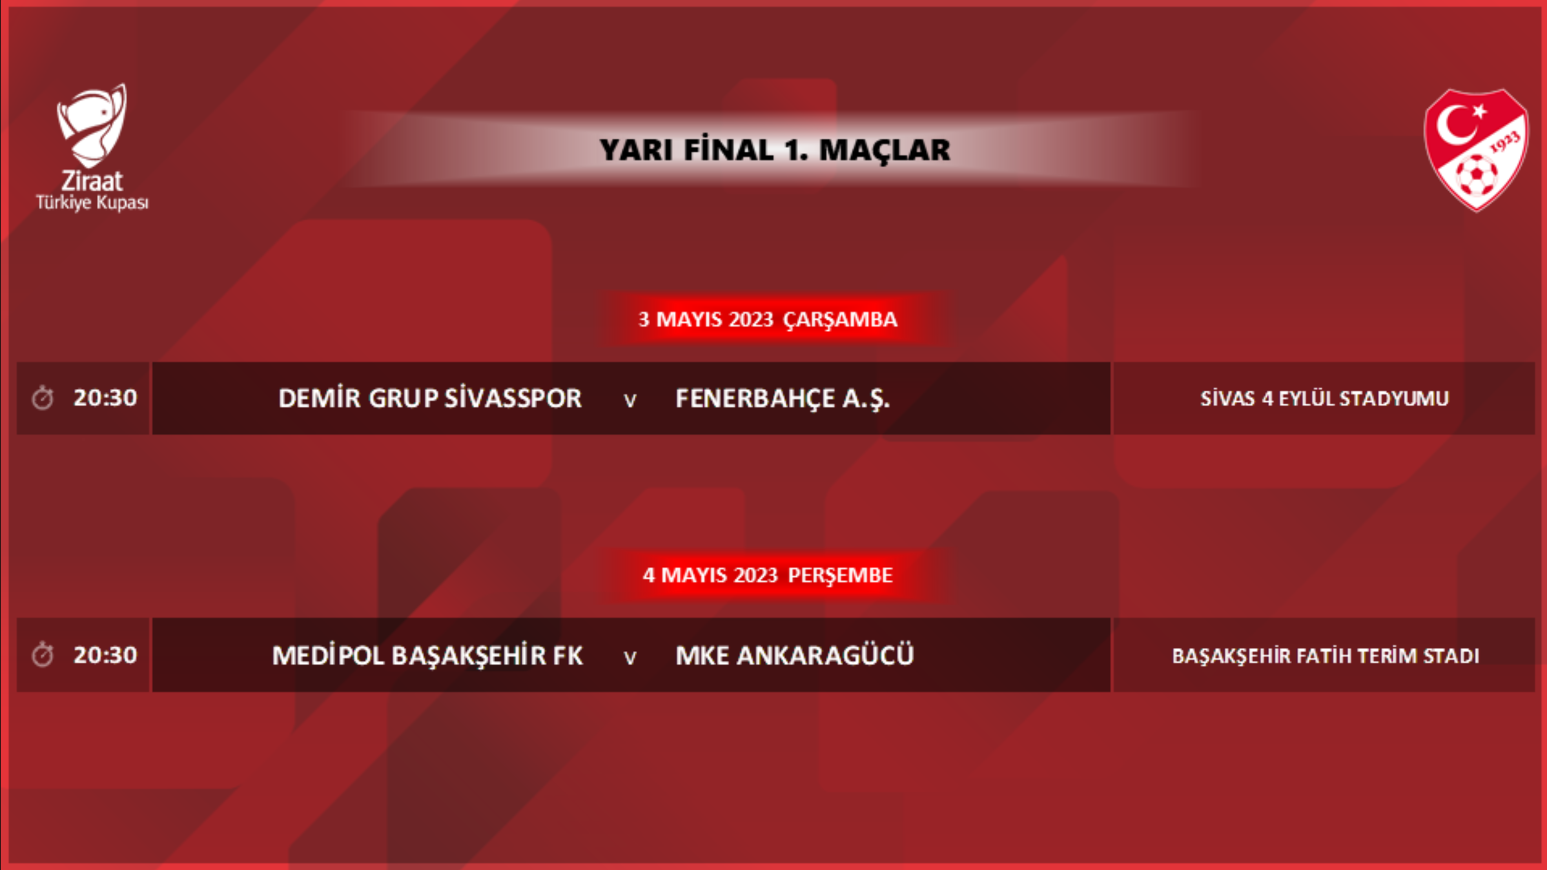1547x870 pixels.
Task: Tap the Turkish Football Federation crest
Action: (x=1476, y=150)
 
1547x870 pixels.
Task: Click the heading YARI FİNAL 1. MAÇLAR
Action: (x=775, y=150)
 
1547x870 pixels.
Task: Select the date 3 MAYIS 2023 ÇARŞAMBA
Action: (x=768, y=319)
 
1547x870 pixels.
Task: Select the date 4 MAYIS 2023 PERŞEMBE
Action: (x=768, y=575)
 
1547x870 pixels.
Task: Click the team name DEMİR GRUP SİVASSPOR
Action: (x=430, y=398)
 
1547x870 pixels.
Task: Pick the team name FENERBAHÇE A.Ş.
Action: (x=783, y=399)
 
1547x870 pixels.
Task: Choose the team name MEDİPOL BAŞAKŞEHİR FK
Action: (x=427, y=655)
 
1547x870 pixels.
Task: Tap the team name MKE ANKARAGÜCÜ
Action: (x=795, y=654)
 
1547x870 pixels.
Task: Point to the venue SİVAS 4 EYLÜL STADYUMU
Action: (x=1324, y=399)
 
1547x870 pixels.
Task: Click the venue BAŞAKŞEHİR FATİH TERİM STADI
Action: (x=1326, y=656)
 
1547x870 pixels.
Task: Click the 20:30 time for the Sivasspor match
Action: (x=105, y=398)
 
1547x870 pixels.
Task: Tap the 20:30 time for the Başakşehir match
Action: (x=105, y=655)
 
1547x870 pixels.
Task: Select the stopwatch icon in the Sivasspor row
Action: (x=43, y=398)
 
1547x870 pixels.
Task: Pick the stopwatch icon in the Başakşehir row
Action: (x=43, y=654)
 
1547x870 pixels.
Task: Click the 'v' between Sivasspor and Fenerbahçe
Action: (x=630, y=401)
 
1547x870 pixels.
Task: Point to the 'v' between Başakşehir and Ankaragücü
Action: (x=630, y=658)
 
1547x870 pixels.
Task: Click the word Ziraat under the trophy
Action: (x=92, y=181)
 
